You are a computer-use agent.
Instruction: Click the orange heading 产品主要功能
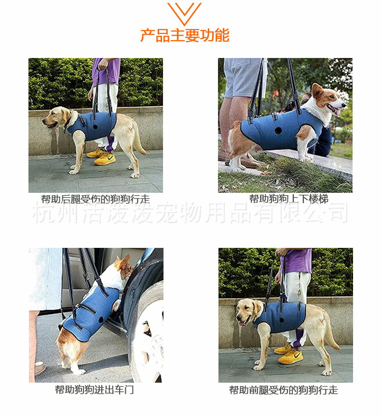185,35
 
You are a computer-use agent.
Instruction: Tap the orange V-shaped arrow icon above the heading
184,14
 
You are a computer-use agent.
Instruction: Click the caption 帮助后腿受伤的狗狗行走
95,199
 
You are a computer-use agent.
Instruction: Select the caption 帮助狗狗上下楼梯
288,199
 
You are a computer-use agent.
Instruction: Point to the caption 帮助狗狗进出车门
94,390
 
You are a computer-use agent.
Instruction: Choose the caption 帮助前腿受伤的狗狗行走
283,390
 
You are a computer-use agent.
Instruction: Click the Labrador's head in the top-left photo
57,117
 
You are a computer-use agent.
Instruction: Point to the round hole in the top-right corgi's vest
278,130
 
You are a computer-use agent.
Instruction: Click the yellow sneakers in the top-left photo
102,157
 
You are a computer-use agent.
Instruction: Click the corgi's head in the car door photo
123,267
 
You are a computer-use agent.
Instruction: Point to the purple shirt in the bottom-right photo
296,260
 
